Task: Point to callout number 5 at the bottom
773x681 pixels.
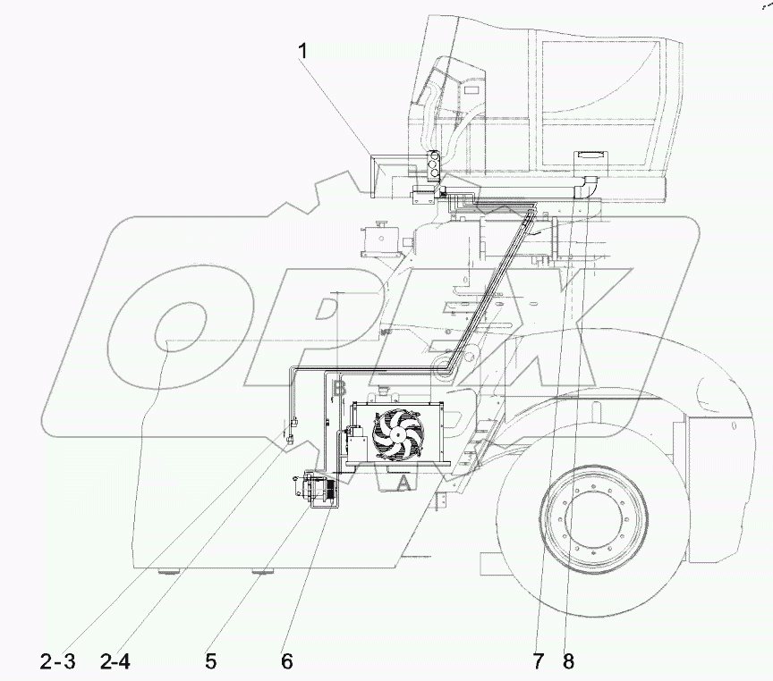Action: click(211, 662)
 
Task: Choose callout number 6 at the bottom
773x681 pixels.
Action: click(286, 662)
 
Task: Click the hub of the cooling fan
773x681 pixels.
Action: click(397, 432)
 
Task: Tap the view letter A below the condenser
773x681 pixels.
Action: click(403, 483)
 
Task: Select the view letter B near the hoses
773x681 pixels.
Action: click(338, 389)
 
